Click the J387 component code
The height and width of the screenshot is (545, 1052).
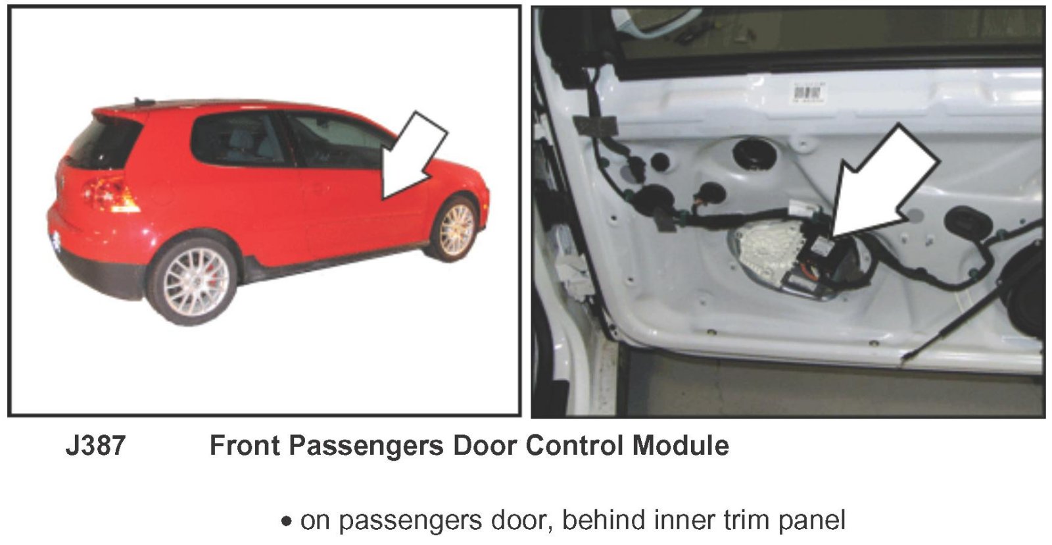pyautogui.click(x=95, y=445)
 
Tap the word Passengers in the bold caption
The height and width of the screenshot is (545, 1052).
pyautogui.click(x=366, y=446)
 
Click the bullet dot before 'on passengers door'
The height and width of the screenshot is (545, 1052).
pyautogui.click(x=286, y=521)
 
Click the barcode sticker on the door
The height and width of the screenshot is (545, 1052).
pyautogui.click(x=809, y=91)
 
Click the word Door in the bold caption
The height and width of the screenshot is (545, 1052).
pyautogui.click(x=484, y=445)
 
